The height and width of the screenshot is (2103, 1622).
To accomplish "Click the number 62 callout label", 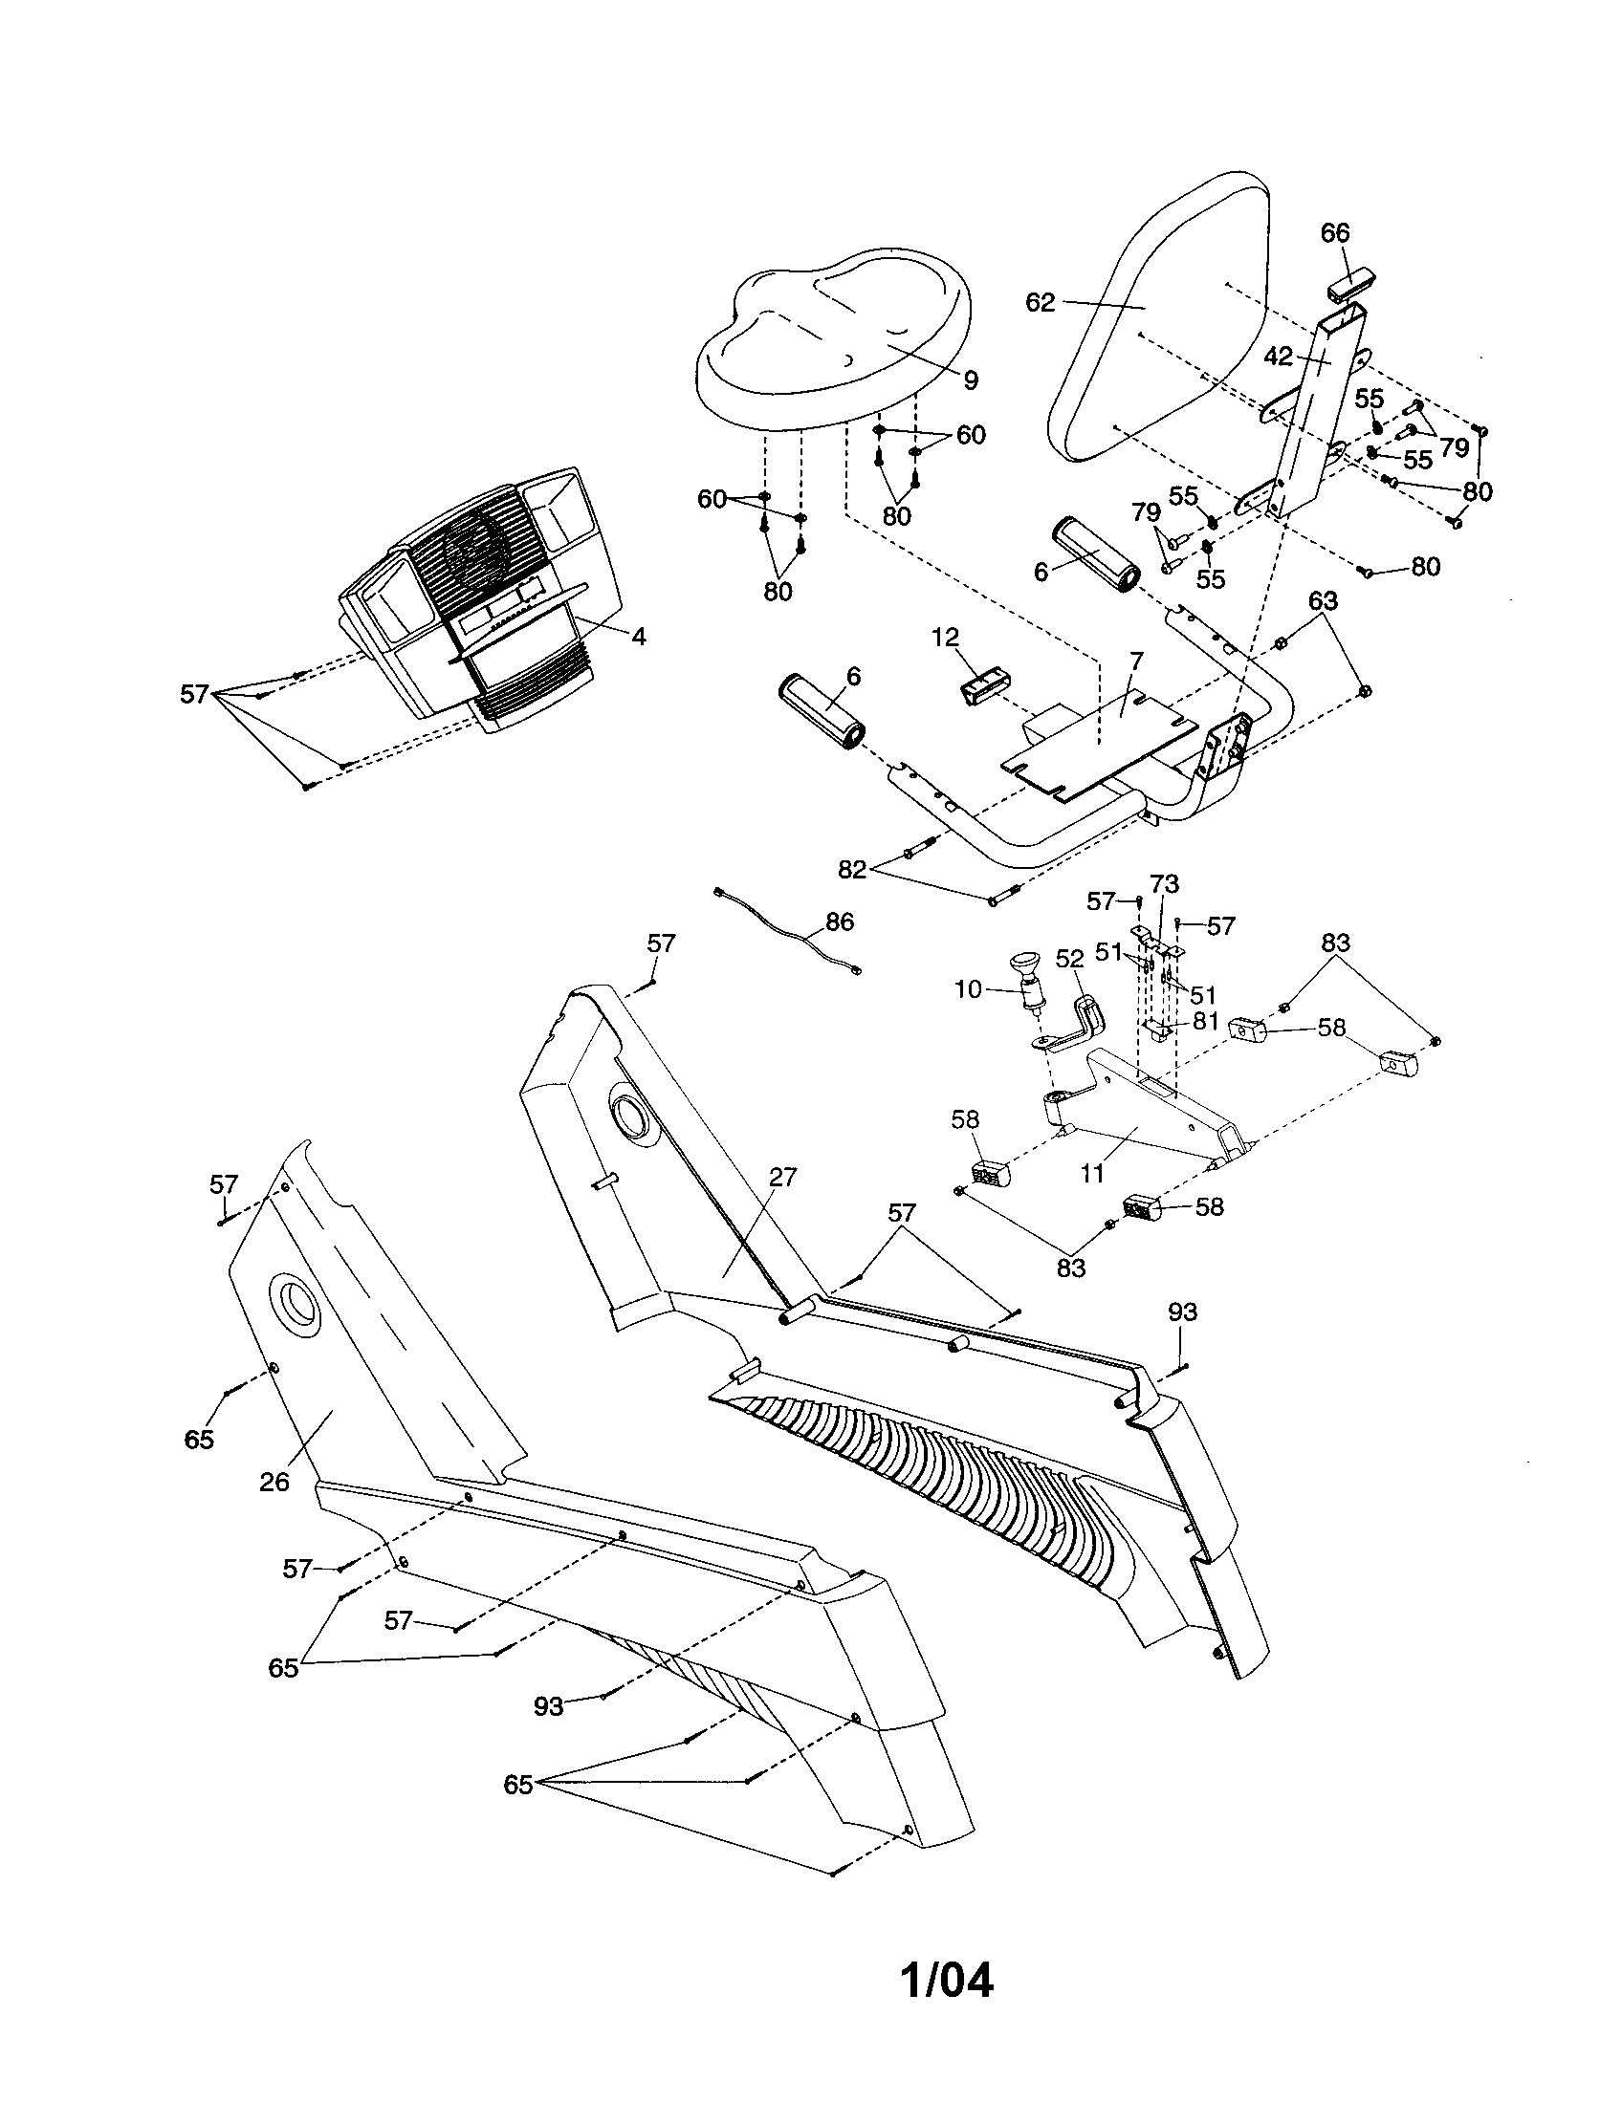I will click(x=1041, y=302).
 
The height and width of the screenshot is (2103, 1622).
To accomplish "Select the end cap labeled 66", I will click(x=1351, y=286).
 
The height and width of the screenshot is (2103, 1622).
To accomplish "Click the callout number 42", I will click(x=1278, y=357).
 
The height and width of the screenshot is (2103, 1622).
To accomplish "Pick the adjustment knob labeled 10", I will click(x=1032, y=980).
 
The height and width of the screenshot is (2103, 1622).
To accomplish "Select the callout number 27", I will click(x=783, y=1177).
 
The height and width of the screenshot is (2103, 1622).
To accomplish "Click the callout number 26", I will click(x=274, y=1482).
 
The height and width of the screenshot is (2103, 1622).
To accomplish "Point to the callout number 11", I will click(x=1091, y=1174).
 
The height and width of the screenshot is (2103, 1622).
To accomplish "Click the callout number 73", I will click(x=1164, y=883).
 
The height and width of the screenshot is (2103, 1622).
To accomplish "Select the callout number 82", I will click(x=852, y=870).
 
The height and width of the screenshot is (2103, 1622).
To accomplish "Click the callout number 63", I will click(x=1323, y=601).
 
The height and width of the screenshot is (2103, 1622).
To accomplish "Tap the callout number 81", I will click(x=1206, y=1021).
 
